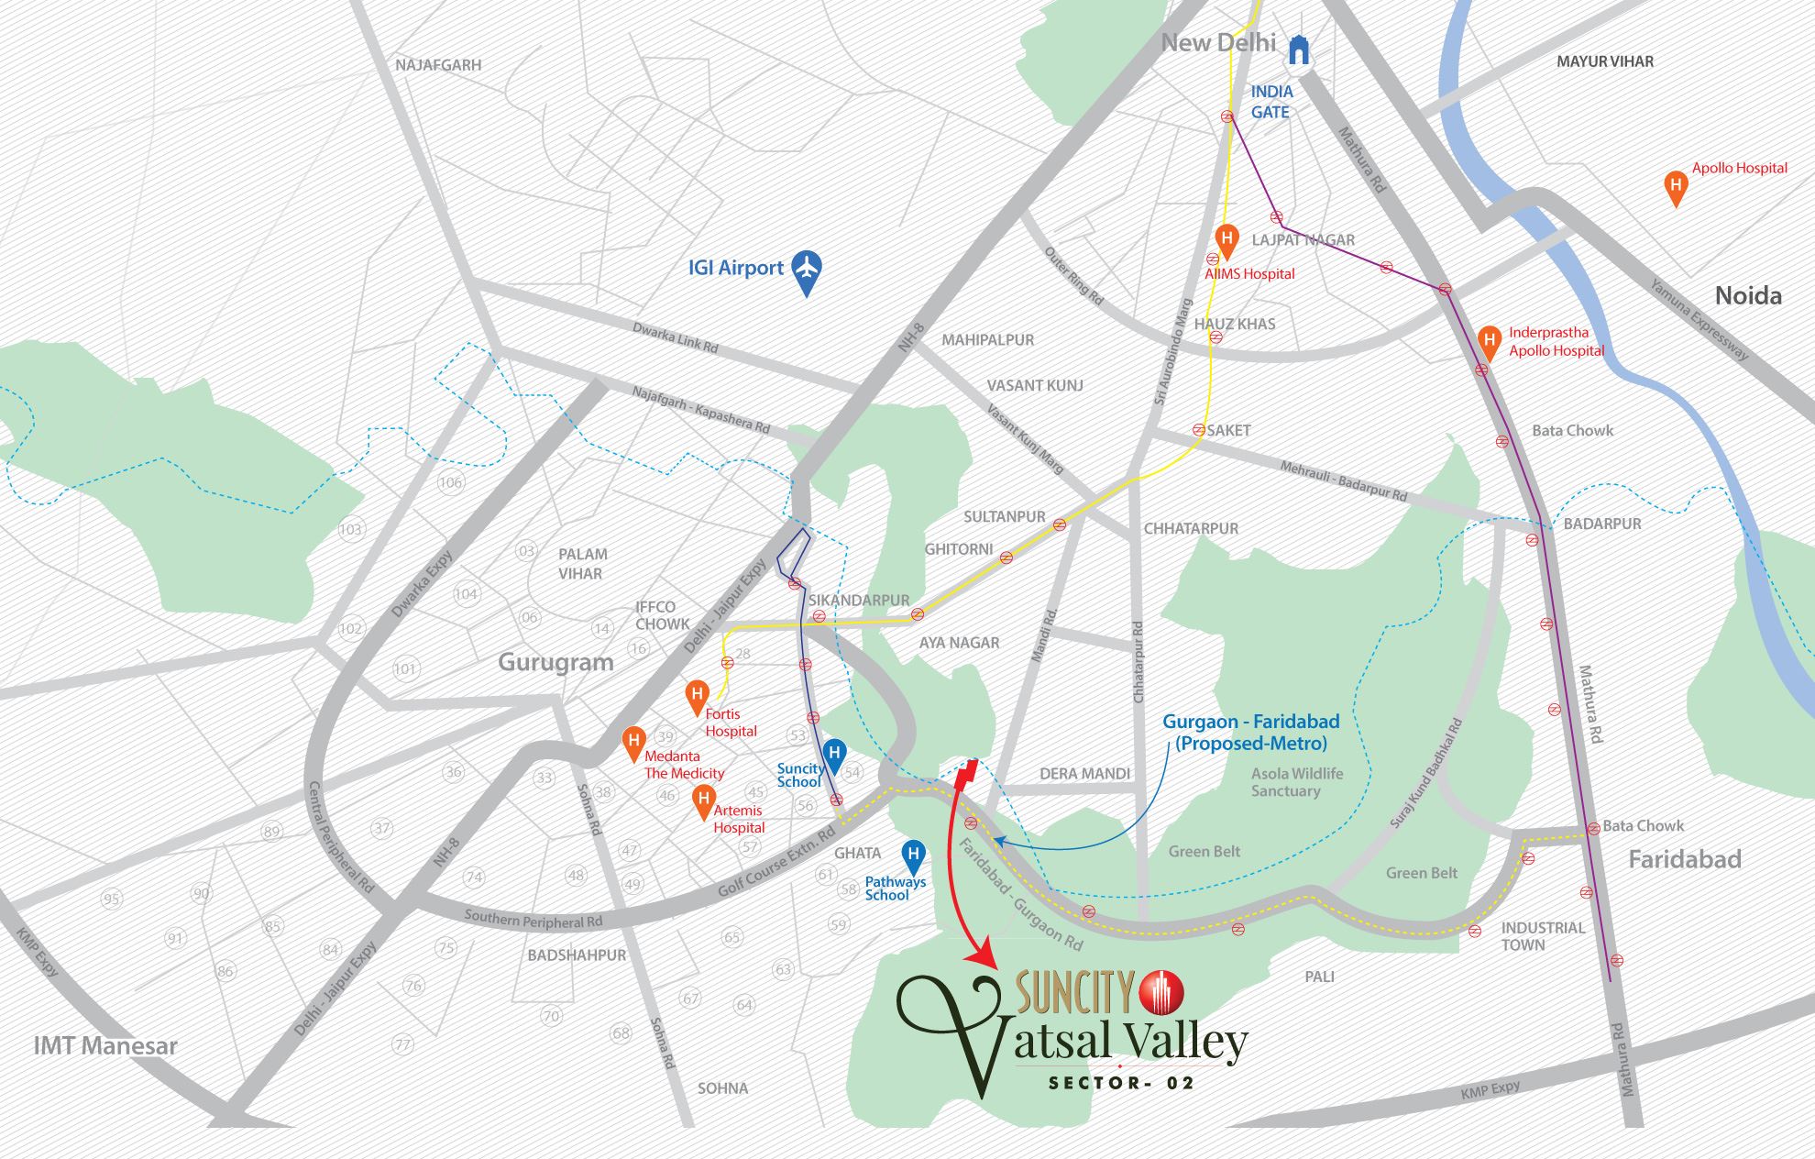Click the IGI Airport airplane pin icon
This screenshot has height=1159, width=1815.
806,270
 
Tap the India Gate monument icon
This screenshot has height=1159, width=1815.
1299,50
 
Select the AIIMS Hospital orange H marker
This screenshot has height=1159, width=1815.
1226,241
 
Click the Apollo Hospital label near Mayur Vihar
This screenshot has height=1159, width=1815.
1739,168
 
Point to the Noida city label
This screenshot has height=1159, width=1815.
1748,295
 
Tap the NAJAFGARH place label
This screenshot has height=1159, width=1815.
438,65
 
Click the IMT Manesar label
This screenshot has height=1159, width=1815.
105,1045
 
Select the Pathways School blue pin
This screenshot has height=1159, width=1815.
913,856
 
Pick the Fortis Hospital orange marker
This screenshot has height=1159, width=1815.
697,696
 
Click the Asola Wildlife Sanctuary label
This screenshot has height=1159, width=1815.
1296,782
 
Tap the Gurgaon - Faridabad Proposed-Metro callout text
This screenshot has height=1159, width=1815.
1250,732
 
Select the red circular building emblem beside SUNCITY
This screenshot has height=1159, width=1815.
1161,991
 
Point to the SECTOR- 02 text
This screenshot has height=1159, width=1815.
1121,1083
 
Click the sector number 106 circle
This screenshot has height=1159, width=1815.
450,482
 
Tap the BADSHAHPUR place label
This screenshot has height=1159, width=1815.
577,955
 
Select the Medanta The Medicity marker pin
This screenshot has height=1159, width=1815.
632,743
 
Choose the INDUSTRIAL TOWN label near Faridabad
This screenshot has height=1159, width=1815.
1542,936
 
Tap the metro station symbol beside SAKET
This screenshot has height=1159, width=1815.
1198,429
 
